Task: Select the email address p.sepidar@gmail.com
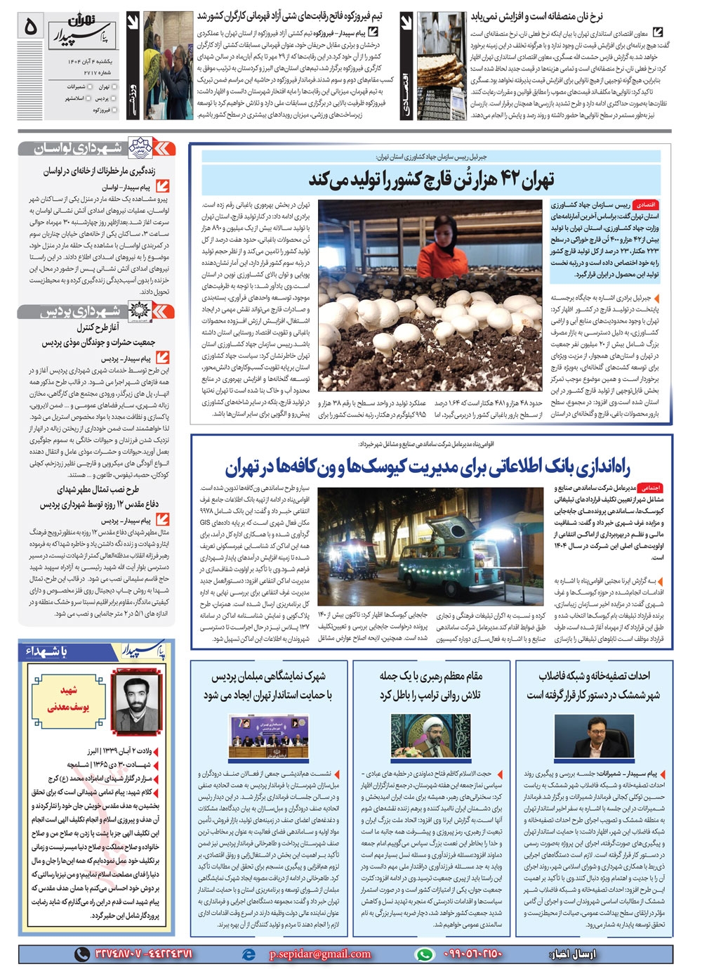(x=319, y=954)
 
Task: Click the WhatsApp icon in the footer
(x=423, y=954)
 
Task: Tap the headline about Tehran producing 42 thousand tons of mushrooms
(x=431, y=180)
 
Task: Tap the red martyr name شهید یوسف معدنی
(x=69, y=699)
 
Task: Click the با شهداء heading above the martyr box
(x=48, y=652)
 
